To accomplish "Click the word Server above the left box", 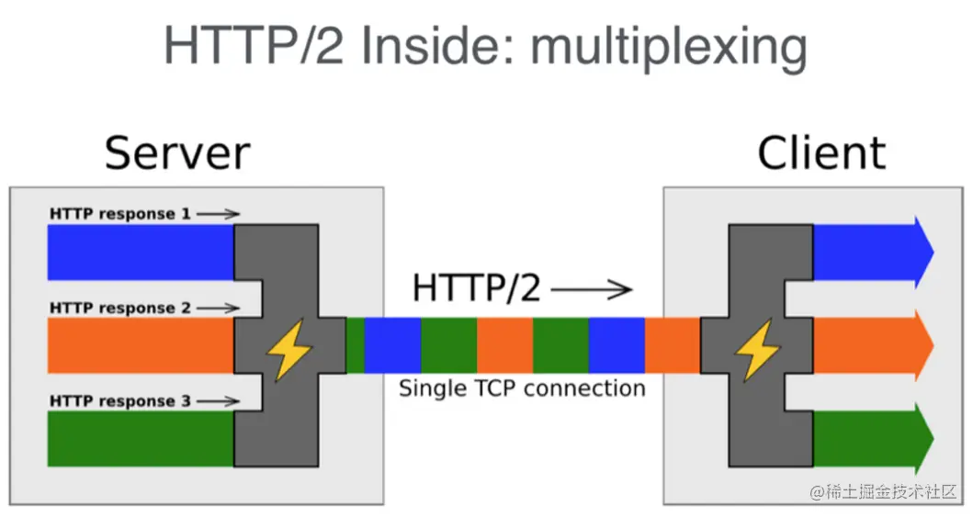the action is (x=177, y=153).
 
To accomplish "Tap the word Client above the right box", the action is (x=821, y=153).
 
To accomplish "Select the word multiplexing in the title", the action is (x=669, y=47).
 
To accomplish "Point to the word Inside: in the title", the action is (x=437, y=45).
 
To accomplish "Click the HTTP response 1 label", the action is (x=120, y=214).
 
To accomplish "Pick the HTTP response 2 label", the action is (x=120, y=309).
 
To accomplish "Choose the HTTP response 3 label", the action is (x=120, y=401).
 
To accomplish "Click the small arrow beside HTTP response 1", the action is (x=219, y=214).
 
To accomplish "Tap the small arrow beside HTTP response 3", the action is (x=219, y=401).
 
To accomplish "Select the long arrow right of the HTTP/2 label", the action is (x=592, y=289).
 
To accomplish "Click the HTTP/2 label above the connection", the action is (x=477, y=288).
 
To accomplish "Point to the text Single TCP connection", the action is (x=522, y=388).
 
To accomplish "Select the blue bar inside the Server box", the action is (x=141, y=253).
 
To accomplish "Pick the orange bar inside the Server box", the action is (x=141, y=345).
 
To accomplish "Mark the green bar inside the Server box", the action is (x=141, y=439).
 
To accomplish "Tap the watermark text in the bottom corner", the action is (x=884, y=492).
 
